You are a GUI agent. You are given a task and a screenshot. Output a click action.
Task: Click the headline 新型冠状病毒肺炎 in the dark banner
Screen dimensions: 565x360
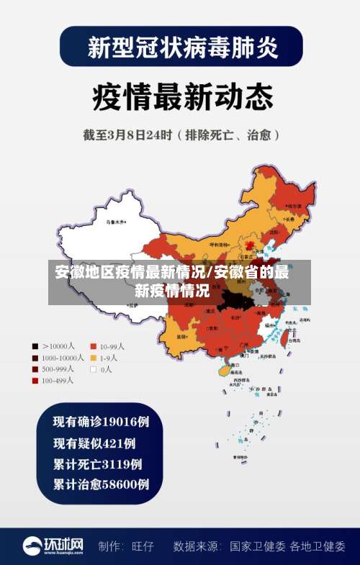[x=181, y=47]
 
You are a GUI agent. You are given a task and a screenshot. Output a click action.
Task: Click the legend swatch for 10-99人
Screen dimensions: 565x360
[x=94, y=345]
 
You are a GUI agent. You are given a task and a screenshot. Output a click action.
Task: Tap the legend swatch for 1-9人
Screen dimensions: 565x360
[x=94, y=357]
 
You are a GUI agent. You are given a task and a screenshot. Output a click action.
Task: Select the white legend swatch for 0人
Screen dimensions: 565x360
[x=94, y=369]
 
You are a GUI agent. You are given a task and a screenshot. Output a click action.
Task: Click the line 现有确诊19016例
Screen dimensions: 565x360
[x=101, y=422]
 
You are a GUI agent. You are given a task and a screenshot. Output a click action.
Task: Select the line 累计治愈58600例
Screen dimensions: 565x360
[x=101, y=484]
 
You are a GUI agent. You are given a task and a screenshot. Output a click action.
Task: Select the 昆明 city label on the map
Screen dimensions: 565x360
[x=181, y=336]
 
